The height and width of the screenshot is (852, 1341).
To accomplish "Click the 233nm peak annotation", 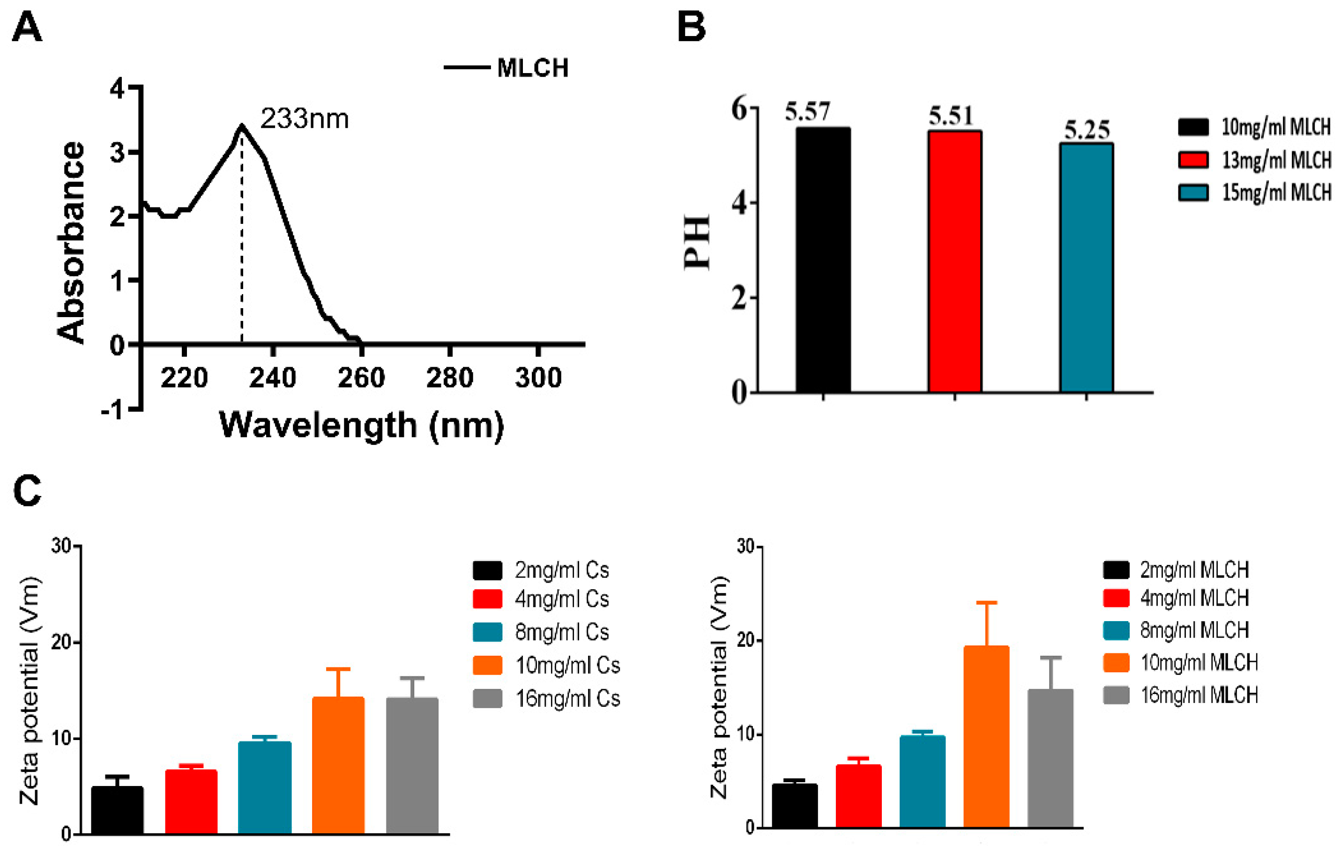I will click(x=304, y=119).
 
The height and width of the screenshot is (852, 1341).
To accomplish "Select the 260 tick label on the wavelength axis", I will click(x=361, y=378).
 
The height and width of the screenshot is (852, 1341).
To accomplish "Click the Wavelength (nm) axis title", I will click(x=361, y=426).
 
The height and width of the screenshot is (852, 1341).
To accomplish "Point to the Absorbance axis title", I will click(x=71, y=242).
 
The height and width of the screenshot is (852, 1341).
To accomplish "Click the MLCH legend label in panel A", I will click(x=532, y=68).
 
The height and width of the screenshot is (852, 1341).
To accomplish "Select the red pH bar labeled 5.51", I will click(x=954, y=262).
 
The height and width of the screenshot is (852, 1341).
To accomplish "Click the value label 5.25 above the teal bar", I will click(x=1087, y=130).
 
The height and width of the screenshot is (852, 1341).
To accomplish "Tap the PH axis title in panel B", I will click(x=697, y=242).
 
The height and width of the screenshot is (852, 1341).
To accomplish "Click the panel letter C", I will click(x=27, y=490).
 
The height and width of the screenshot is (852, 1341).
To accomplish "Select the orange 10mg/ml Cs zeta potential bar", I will click(x=338, y=765).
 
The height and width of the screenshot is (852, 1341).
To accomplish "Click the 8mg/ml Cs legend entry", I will click(x=561, y=632).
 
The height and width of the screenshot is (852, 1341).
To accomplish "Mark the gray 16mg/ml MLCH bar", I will click(x=1050, y=758).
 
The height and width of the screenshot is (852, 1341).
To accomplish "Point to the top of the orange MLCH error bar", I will click(x=986, y=602).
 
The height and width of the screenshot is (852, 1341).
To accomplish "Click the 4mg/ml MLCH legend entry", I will click(x=1194, y=598).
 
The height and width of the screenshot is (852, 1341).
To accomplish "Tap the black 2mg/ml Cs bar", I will click(x=117, y=810).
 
